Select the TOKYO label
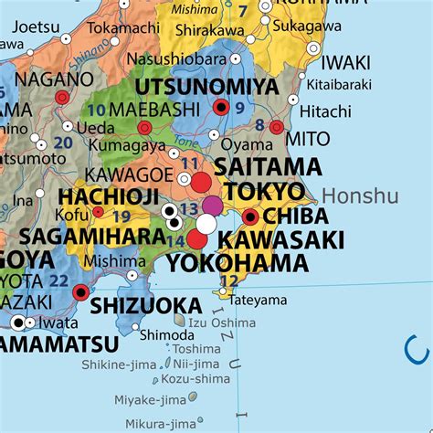[264, 191]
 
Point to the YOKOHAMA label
[238, 263]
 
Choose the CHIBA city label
[298, 217]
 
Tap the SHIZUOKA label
[146, 304]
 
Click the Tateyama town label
[258, 300]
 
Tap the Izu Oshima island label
[221, 322]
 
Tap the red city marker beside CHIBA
[250, 217]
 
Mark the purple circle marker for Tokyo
[212, 205]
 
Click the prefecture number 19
[121, 216]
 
